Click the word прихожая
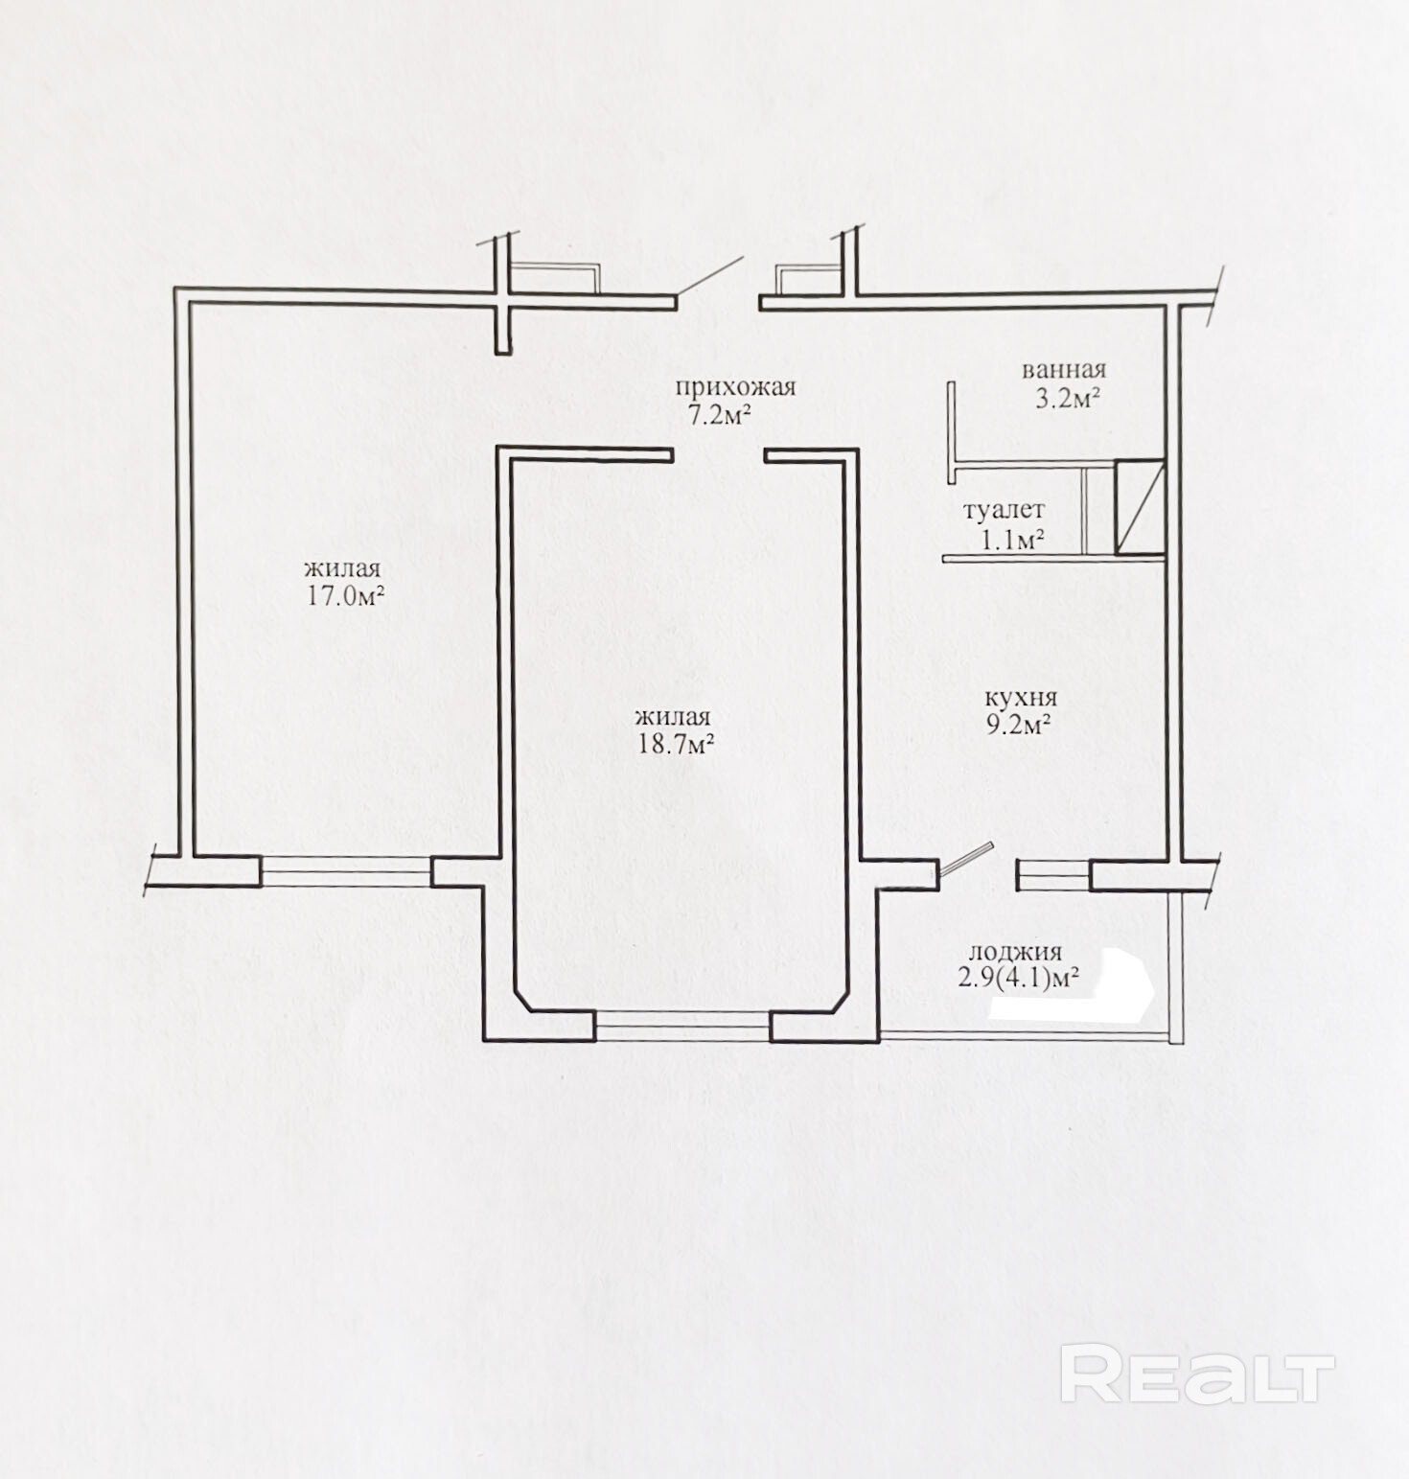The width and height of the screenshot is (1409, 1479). click(x=736, y=389)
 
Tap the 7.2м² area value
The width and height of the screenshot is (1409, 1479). click(x=717, y=415)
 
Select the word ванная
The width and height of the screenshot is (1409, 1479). click(x=1063, y=370)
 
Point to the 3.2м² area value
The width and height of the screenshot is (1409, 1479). click(x=1066, y=398)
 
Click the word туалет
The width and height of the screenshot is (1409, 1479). click(x=1005, y=511)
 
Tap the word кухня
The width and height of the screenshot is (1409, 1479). click(x=1020, y=699)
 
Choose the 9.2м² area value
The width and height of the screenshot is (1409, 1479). click(x=1020, y=725)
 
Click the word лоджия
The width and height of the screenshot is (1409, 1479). click(x=1015, y=953)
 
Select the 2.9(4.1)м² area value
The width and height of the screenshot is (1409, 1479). click(x=1019, y=979)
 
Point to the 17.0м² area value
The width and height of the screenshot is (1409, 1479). click(x=345, y=595)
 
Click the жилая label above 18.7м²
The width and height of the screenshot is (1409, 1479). click(x=672, y=718)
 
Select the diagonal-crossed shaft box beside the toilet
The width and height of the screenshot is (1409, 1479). click(x=1141, y=507)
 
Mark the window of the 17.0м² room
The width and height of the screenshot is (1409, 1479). click(x=346, y=871)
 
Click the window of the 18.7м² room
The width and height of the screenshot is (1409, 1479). click(x=682, y=1027)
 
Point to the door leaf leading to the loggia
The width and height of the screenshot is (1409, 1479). click(x=964, y=860)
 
